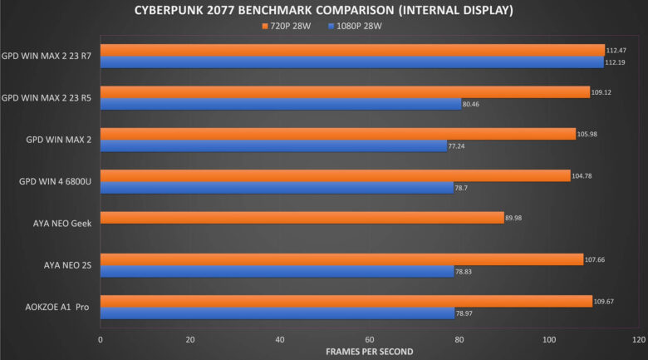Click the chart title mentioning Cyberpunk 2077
click(x=323, y=10)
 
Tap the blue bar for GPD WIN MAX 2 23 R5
click(x=280, y=104)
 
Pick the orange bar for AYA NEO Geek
click(x=302, y=218)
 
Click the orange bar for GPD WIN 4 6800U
click(x=335, y=175)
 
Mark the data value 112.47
click(x=616, y=50)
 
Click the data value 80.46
click(x=472, y=104)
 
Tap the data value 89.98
click(x=516, y=218)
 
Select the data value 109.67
click(x=604, y=301)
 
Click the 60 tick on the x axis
click(x=369, y=339)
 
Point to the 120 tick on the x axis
click(x=637, y=339)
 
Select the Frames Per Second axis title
click(x=369, y=352)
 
